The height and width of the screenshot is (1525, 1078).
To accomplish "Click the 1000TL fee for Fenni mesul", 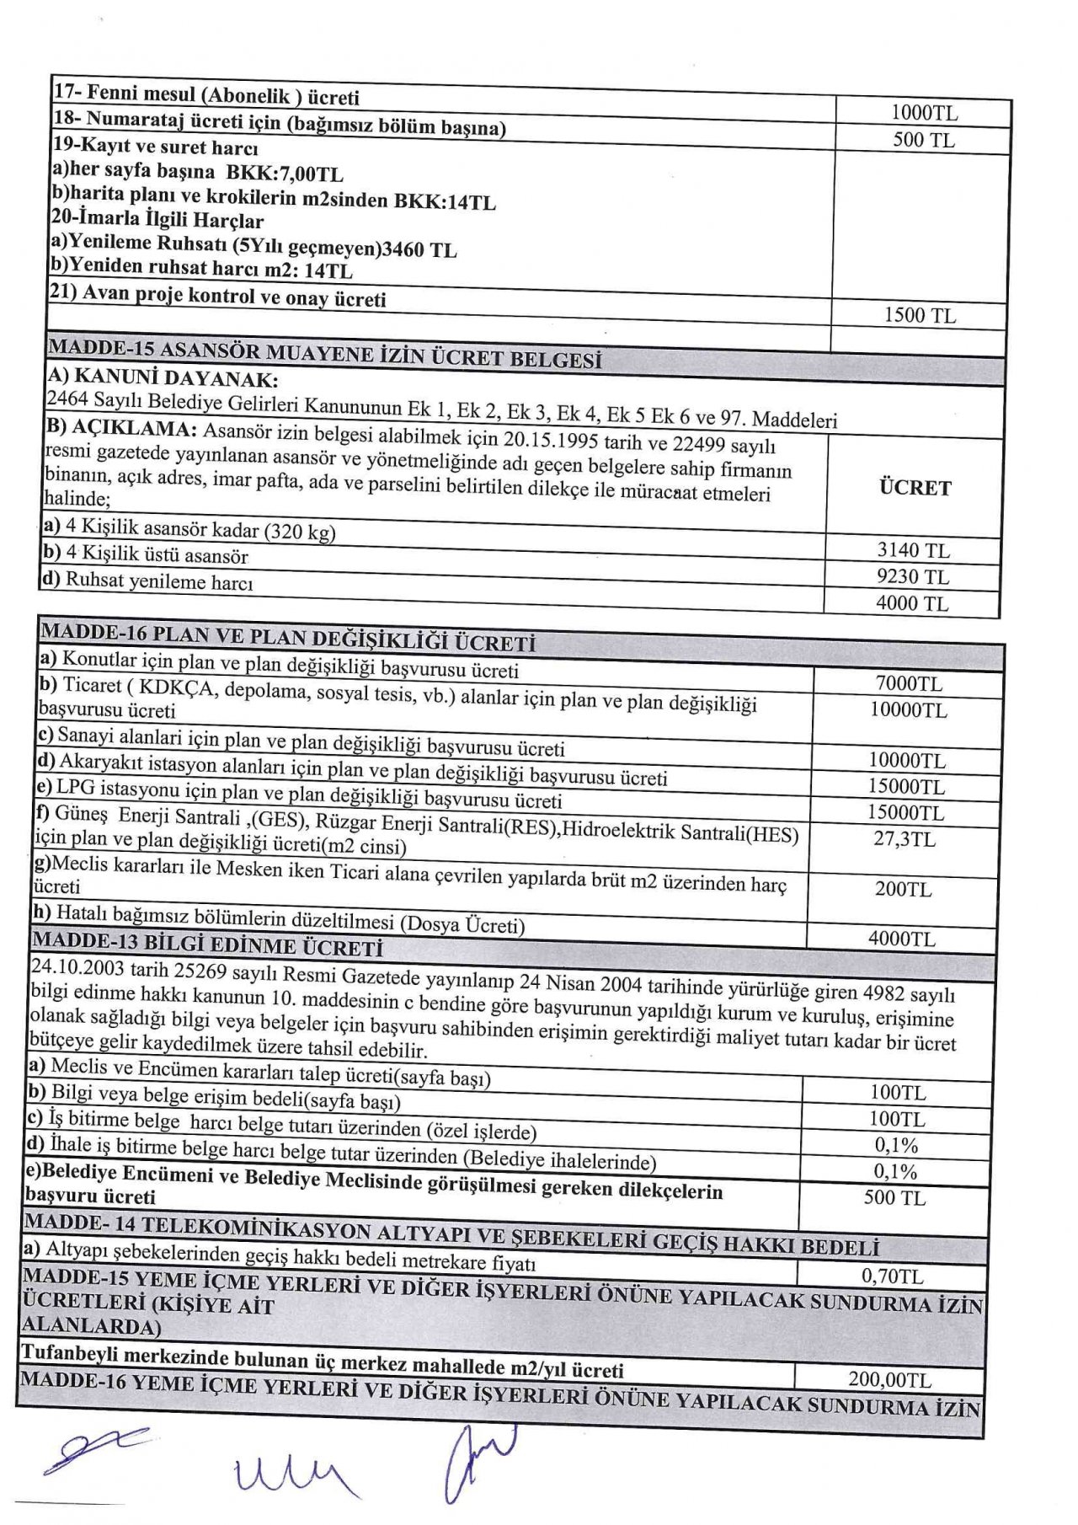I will [924, 113].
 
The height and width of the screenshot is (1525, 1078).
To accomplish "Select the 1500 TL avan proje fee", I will [920, 316].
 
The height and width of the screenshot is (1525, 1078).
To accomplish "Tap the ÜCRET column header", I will [915, 488].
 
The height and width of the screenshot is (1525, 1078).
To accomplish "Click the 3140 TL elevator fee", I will [913, 551].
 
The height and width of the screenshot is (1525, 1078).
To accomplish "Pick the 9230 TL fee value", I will [912, 577].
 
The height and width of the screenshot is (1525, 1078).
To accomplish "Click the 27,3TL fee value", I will [904, 839].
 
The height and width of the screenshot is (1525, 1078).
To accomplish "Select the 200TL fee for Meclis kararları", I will [903, 889].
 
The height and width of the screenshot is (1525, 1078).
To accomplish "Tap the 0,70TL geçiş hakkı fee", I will [892, 1276].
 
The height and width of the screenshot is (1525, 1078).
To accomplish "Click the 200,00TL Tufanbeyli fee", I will [889, 1379].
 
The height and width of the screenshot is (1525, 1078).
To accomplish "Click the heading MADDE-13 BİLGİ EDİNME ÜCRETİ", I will [206, 944].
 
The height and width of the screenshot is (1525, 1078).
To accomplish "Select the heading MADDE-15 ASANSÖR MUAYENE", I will [324, 354].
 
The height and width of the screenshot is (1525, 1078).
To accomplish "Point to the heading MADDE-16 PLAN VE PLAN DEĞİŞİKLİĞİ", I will [287, 637].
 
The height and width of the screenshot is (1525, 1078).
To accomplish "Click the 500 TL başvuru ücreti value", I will [894, 1198].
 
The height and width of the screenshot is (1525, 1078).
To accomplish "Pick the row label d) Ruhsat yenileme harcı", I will [148, 581].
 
